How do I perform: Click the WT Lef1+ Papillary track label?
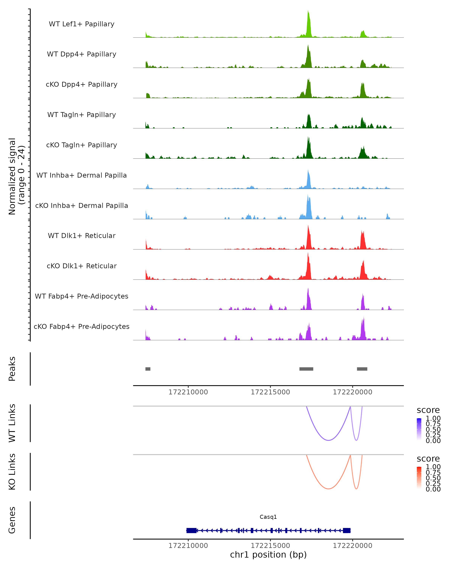point(82,24)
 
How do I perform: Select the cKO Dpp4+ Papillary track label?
point(82,84)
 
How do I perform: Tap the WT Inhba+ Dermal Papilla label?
point(82,175)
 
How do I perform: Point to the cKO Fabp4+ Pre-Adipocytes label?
point(82,326)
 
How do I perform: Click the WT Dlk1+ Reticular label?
point(82,236)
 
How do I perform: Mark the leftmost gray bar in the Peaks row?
point(148,369)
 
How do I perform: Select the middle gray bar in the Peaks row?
point(306,369)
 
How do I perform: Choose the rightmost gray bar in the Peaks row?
point(362,369)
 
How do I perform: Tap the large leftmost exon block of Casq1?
point(191,530)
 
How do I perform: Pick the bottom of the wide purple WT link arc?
point(328,440)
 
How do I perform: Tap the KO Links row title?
point(12,472)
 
